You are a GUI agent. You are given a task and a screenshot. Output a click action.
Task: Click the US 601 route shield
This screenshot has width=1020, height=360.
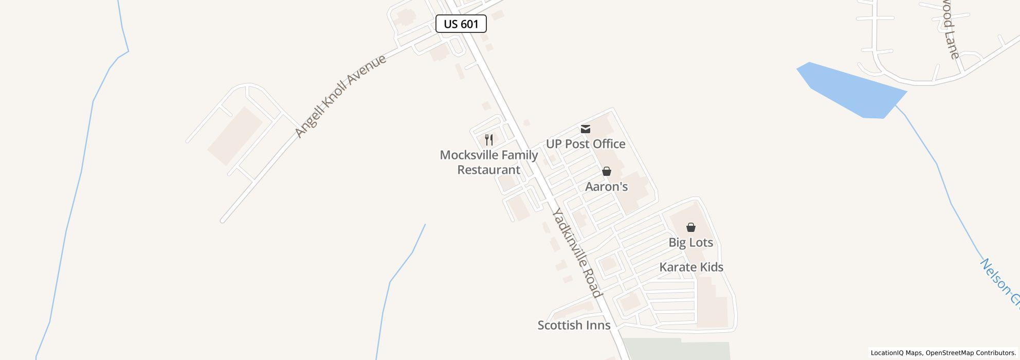(461, 24)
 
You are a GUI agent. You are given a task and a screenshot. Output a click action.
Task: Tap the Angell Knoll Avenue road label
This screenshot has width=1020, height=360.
(340, 96)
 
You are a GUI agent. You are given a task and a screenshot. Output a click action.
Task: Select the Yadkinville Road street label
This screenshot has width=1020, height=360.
(576, 253)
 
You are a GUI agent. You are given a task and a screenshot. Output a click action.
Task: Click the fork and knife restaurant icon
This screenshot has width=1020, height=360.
(489, 139)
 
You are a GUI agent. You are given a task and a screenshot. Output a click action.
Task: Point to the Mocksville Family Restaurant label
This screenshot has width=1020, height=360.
(489, 162)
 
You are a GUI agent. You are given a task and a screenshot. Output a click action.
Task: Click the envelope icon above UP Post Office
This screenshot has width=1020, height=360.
(586, 129)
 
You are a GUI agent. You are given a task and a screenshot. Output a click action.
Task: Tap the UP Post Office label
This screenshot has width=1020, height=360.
(586, 144)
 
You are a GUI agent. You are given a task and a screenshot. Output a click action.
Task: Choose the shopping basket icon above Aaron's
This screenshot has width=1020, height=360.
(607, 171)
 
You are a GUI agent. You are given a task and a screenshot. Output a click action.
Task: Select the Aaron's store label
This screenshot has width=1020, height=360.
(607, 187)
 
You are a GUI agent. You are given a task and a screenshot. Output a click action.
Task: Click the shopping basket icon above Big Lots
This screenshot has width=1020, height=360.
(691, 227)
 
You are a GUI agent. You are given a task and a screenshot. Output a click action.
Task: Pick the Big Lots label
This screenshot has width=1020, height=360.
(690, 242)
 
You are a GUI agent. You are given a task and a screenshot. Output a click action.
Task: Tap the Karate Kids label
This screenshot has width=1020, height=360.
(691, 267)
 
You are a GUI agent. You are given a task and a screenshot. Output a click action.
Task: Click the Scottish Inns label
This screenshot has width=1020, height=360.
(574, 325)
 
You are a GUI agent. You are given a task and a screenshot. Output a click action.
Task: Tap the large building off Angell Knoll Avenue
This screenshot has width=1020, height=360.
(235, 136)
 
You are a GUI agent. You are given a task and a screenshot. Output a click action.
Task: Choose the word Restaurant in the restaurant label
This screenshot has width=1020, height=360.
(489, 170)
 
